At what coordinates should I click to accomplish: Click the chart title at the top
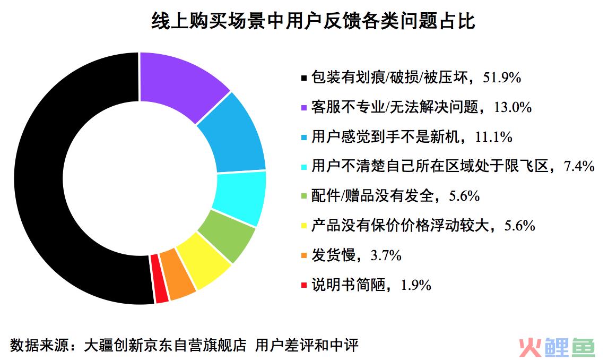[x=313, y=21]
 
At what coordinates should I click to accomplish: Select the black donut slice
[x=39, y=178]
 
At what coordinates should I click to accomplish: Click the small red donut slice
[x=159, y=279]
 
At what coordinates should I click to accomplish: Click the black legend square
[x=304, y=79]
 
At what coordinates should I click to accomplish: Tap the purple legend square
[x=304, y=108]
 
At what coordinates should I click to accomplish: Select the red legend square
[x=304, y=286]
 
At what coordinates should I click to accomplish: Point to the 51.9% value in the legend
[x=502, y=78]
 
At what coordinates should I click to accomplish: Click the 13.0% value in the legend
[x=513, y=107]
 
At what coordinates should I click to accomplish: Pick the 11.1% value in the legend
[x=493, y=137]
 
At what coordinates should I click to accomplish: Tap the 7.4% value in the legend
[x=579, y=166]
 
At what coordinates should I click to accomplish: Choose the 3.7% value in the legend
[x=386, y=255]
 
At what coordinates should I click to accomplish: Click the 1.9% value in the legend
[x=415, y=285]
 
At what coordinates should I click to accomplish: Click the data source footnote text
[x=184, y=345]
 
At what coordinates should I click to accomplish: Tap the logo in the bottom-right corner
[x=557, y=347]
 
